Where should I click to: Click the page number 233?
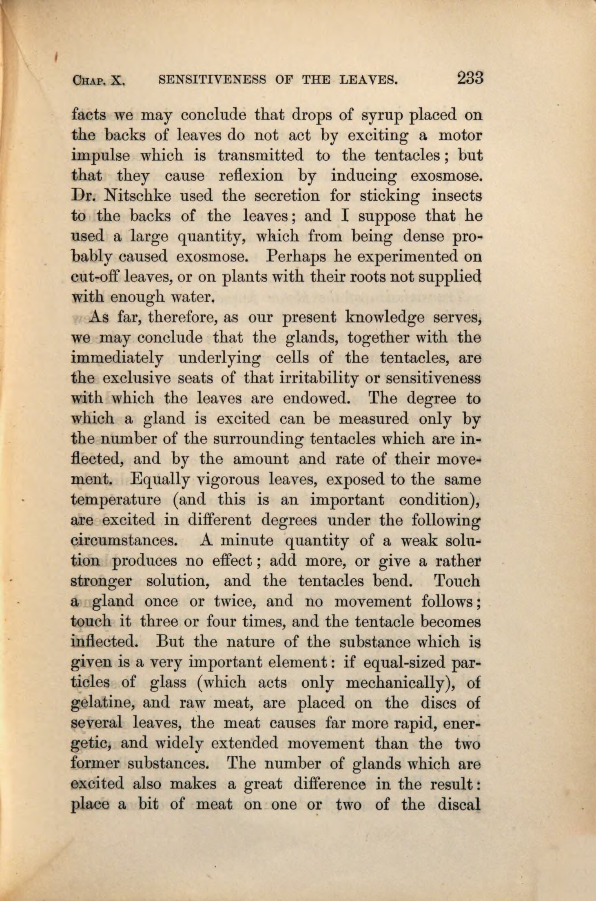[x=470, y=77]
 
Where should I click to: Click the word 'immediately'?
[x=117, y=358]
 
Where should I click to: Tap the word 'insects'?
[x=457, y=196]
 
